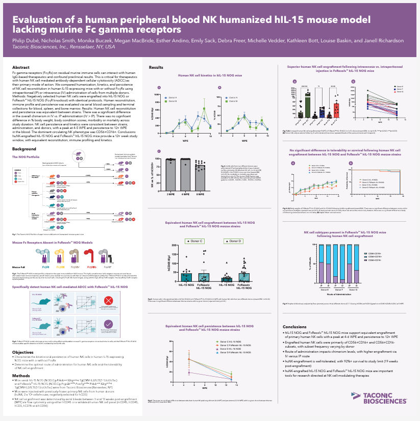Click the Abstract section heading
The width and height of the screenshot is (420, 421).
click(20, 67)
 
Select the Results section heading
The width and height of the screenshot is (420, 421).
click(156, 67)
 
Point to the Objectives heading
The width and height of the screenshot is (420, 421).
click(23, 352)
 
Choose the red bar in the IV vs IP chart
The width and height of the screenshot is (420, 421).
click(336, 110)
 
